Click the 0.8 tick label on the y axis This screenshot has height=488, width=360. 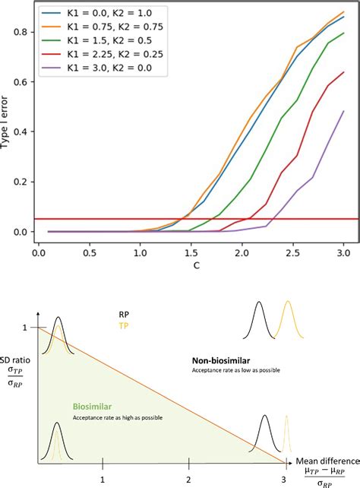(x=22, y=32)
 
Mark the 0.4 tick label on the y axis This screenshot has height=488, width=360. (x=22, y=132)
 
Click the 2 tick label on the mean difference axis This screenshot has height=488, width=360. (x=192, y=479)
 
